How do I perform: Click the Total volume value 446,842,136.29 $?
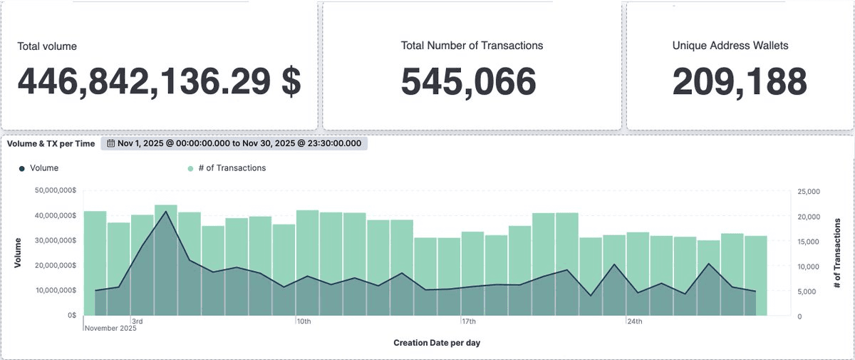click(159, 81)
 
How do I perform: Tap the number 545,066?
click(468, 81)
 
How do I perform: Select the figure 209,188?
click(740, 81)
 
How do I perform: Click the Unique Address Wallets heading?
click(730, 46)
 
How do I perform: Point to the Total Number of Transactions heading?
click(472, 46)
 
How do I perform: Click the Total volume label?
click(47, 46)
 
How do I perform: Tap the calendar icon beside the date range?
click(111, 143)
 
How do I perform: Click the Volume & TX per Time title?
click(51, 143)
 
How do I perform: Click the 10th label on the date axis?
click(304, 322)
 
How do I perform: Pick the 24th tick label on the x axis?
click(634, 322)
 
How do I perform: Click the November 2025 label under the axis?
click(110, 329)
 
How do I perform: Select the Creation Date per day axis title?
click(437, 343)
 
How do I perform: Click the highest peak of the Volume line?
click(166, 212)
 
